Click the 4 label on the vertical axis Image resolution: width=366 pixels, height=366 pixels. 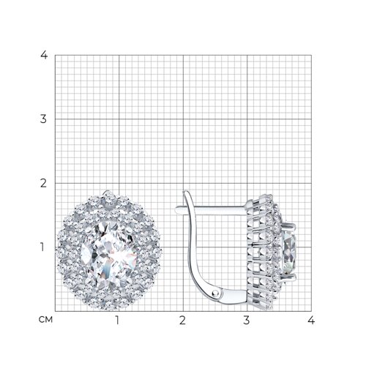[44, 56]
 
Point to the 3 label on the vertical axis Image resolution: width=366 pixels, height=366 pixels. [43, 119]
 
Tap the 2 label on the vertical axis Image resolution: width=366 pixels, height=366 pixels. [43, 183]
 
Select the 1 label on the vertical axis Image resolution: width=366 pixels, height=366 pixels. [42, 247]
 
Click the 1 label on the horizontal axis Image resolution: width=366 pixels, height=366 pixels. [118, 321]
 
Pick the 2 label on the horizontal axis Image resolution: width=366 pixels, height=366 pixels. [182, 321]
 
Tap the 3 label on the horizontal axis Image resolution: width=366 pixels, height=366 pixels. [247, 321]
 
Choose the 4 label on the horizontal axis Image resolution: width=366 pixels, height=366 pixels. [311, 321]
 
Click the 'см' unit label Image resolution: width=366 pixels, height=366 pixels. [45, 320]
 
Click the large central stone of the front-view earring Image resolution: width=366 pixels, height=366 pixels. [108, 255]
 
